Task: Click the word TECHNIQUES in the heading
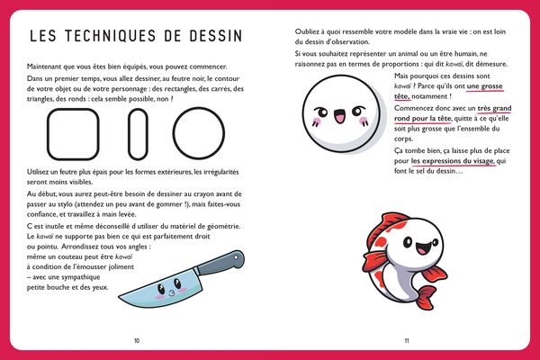pyautogui.click(x=122, y=37)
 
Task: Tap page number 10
pyautogui.click(x=137, y=340)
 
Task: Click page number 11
pyautogui.click(x=407, y=340)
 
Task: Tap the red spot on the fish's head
pyautogui.click(x=402, y=225)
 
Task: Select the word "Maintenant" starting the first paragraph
pyautogui.click(x=49, y=67)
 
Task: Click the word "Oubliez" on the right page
pyautogui.click(x=309, y=32)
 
